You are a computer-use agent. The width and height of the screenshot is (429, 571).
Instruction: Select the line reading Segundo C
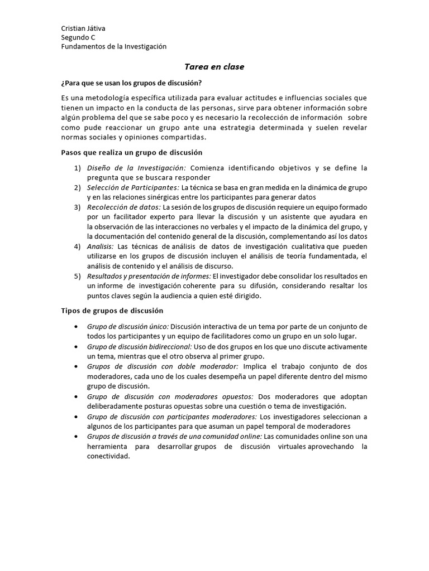coord(78,37)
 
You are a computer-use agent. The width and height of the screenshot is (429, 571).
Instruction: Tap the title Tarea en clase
coord(214,67)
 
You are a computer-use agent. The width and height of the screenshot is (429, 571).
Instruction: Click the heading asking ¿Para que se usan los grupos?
coord(131,84)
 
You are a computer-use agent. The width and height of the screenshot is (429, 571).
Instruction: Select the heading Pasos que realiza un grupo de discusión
coord(131,152)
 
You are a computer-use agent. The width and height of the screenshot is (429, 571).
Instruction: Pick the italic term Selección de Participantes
coord(132,187)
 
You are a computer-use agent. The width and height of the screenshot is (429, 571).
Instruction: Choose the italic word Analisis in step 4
coord(99,246)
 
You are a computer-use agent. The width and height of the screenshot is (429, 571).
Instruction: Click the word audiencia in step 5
coord(202,296)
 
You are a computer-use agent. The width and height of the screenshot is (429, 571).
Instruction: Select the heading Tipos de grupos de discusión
coord(112,311)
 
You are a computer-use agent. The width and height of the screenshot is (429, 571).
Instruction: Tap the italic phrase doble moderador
coord(208,366)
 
